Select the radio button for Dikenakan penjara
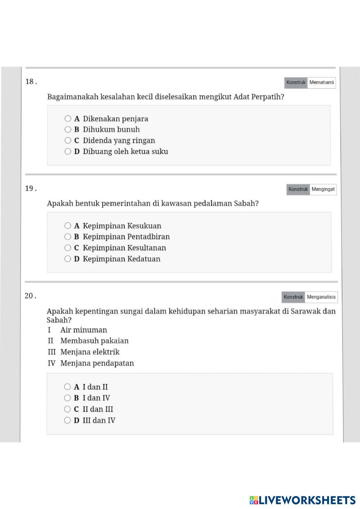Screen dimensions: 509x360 point(68,118)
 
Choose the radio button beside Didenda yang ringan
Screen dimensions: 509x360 point(68,140)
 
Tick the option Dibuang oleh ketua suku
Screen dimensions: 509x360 point(68,151)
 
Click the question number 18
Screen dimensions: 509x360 point(31,82)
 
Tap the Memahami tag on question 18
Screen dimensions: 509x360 point(321,82)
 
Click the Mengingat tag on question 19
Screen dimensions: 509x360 point(323,189)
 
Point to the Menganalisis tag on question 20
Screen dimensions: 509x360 point(321,297)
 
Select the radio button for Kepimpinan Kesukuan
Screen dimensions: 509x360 point(68,226)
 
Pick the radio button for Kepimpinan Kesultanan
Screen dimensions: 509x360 point(68,247)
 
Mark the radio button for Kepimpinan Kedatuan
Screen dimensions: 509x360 point(68,259)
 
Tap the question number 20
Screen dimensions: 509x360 point(30,296)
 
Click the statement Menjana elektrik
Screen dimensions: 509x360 point(90,352)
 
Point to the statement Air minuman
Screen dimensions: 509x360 point(84,330)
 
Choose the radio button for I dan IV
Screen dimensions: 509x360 point(67,398)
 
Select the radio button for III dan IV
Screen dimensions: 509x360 point(67,420)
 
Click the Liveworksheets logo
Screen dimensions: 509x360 point(302,500)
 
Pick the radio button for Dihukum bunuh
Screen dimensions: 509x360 point(68,129)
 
